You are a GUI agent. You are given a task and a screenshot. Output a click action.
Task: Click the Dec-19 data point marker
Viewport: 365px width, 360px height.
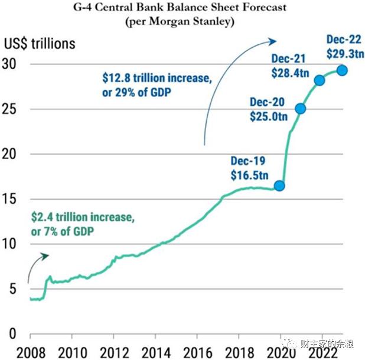point(279,186)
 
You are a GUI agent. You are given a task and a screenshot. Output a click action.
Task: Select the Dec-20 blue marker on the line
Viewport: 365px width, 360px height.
point(300,108)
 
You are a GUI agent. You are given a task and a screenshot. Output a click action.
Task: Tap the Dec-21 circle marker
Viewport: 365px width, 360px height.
point(320,80)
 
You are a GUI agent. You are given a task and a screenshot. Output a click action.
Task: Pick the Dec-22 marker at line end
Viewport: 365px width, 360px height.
point(341,71)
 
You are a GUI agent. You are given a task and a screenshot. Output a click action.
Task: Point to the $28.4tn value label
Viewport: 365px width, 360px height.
point(291,72)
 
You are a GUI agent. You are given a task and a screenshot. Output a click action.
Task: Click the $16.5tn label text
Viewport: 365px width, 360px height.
point(248,175)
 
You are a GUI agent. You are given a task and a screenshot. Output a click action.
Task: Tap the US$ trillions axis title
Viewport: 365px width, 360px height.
point(40,44)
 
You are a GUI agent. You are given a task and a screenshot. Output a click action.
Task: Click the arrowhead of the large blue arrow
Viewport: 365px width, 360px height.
point(273,41)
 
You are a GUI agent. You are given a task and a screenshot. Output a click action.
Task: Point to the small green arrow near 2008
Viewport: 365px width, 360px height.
point(37,264)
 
